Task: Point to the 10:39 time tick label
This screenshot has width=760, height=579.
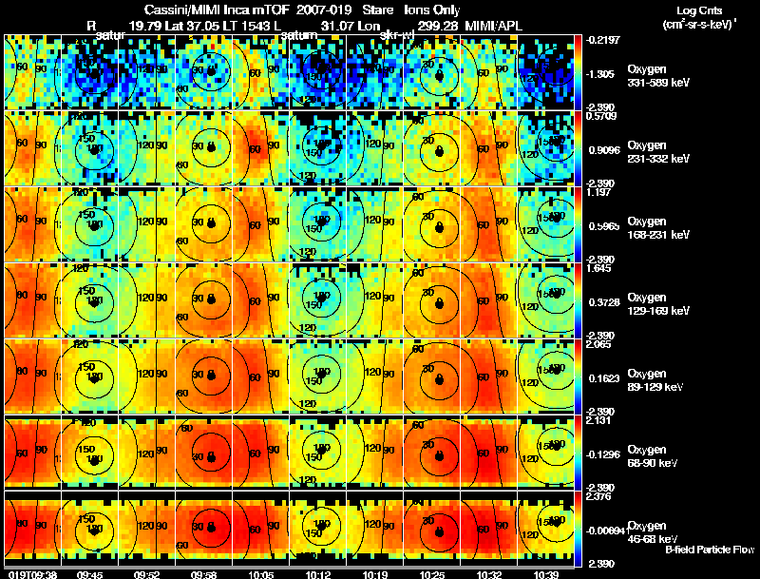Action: pos(545,574)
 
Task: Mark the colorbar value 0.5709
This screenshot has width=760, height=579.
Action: pos(596,118)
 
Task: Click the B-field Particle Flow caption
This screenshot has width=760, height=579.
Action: pos(710,550)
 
